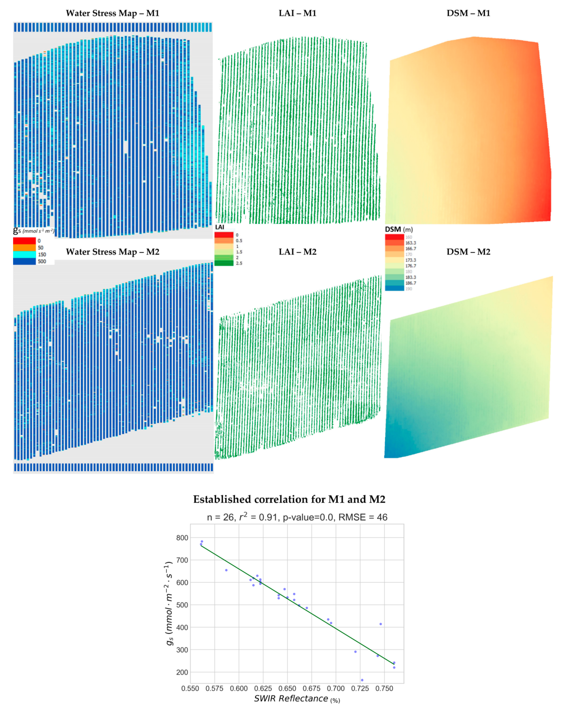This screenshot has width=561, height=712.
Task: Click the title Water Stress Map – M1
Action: pyautogui.click(x=112, y=13)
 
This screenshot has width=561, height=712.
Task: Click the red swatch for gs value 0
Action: pyautogui.click(x=24, y=241)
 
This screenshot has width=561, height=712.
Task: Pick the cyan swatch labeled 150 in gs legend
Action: pyautogui.click(x=24, y=255)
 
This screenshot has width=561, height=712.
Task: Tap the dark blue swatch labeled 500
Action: pyautogui.click(x=24, y=262)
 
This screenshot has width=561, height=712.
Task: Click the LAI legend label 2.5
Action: pyautogui.click(x=239, y=263)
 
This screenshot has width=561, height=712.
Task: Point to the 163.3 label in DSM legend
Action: pyautogui.click(x=410, y=243)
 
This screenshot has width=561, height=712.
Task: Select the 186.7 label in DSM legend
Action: pyautogui.click(x=410, y=283)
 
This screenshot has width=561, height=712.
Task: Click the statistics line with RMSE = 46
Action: pyautogui.click(x=297, y=517)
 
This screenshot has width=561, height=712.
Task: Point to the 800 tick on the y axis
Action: pyautogui.click(x=182, y=538)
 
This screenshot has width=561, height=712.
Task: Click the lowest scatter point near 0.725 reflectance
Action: pyautogui.click(x=362, y=680)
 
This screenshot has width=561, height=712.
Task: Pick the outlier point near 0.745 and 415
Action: pyautogui.click(x=381, y=624)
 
